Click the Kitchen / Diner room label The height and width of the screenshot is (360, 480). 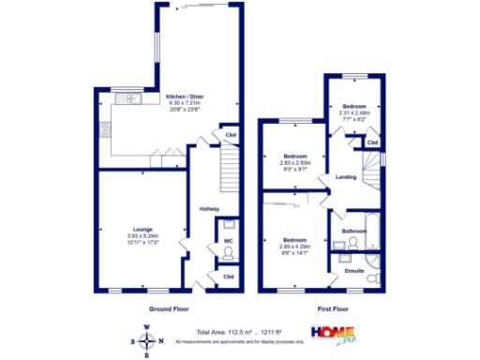coord(185,97)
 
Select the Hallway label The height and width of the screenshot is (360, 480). coord(209,209)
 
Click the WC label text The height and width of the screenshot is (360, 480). coord(228,241)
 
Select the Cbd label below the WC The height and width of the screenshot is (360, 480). coord(228,277)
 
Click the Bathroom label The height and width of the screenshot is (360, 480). coord(353,230)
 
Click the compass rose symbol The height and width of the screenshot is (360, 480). coord(146,341)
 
